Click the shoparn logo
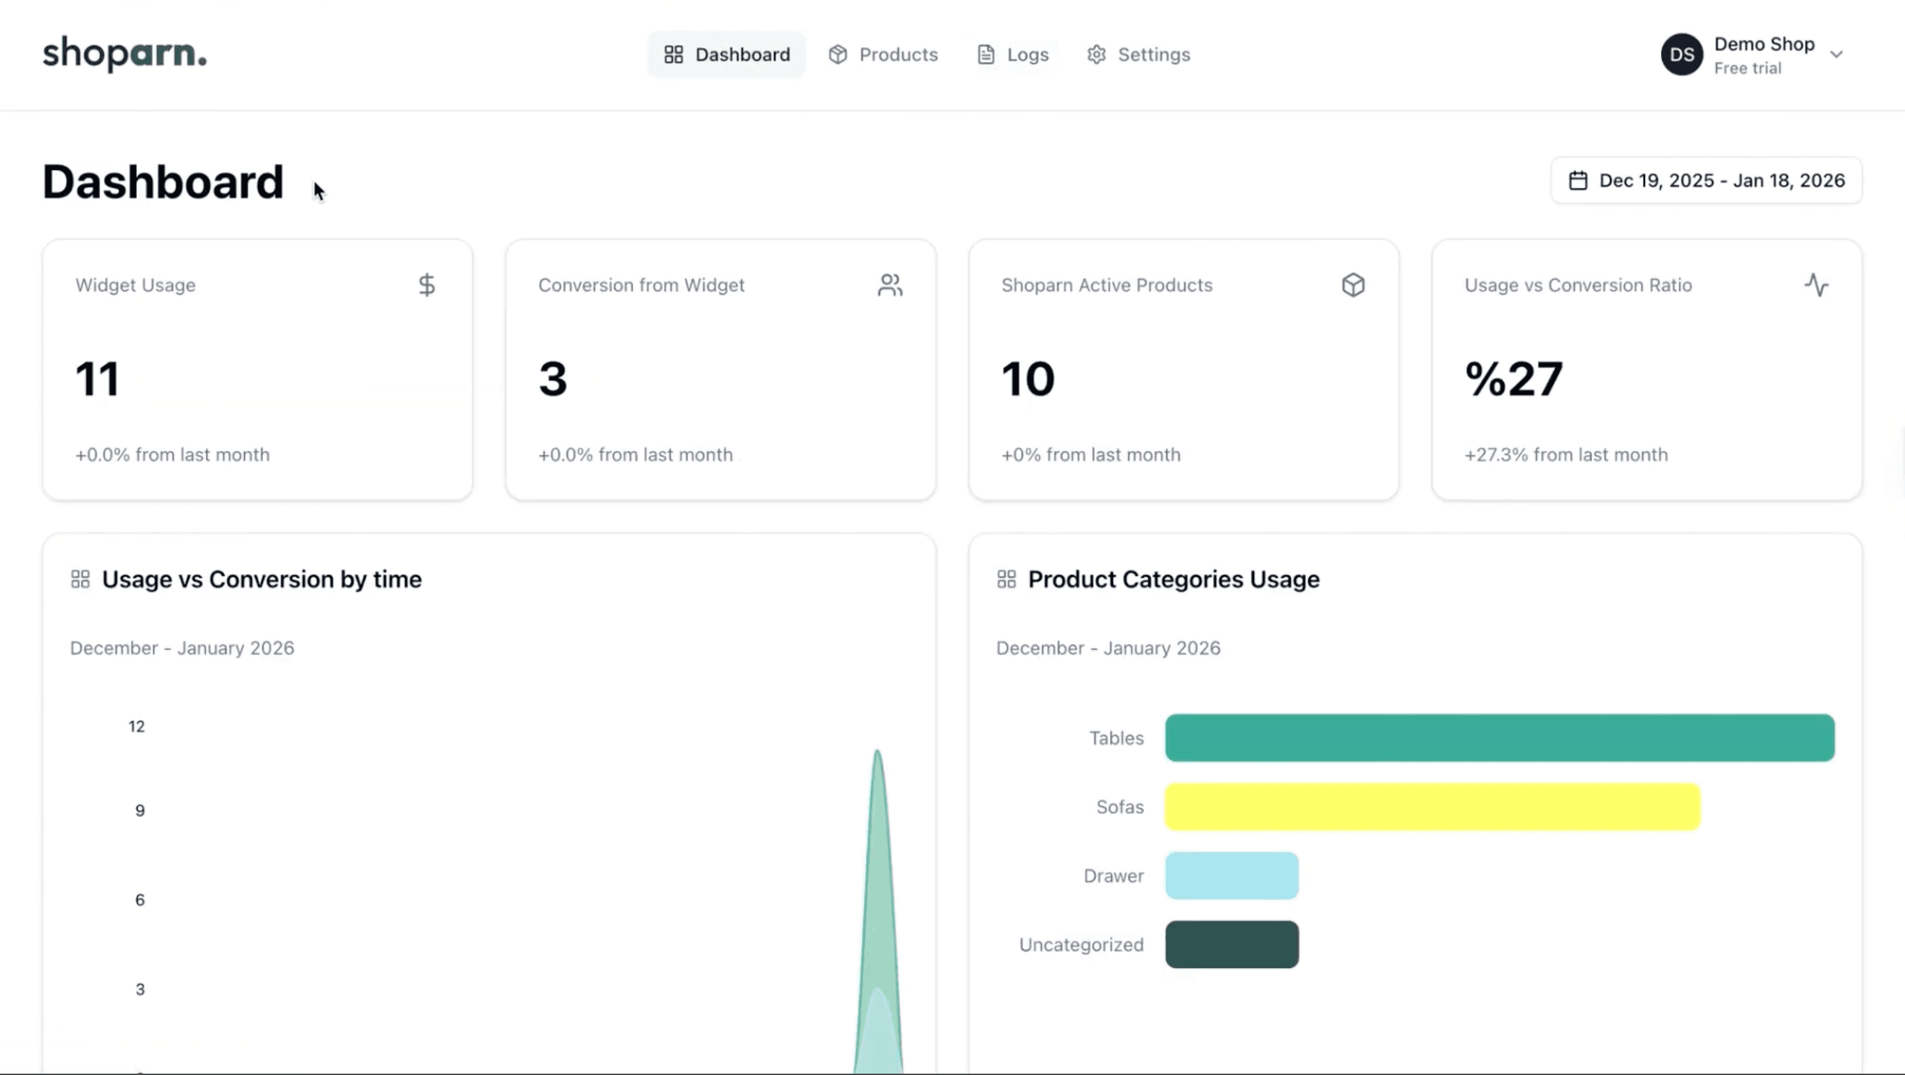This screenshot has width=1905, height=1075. click(x=124, y=54)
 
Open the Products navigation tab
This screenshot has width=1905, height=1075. click(x=883, y=55)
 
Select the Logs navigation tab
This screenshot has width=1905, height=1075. click(x=1013, y=55)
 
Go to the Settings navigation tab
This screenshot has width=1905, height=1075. click(x=1139, y=55)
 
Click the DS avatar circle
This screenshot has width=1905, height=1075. click(x=1681, y=55)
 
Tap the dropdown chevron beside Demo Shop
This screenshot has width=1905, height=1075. click(x=1836, y=55)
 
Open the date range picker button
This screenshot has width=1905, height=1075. click(x=1707, y=180)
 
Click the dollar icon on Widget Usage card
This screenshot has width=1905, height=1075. click(x=427, y=286)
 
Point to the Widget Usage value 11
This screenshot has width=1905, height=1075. click(x=97, y=379)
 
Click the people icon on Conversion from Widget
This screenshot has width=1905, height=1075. click(x=890, y=286)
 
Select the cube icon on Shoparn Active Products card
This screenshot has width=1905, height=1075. click(x=1353, y=286)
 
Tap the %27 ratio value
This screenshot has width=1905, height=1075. click(x=1514, y=379)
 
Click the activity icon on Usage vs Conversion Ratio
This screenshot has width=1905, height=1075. click(x=1816, y=286)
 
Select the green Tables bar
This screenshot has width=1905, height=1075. click(x=1500, y=738)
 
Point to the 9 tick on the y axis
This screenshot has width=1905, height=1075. click(x=140, y=811)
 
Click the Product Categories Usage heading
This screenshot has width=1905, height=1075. click(x=1173, y=580)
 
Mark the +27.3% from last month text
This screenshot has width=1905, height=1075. click(x=1566, y=455)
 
